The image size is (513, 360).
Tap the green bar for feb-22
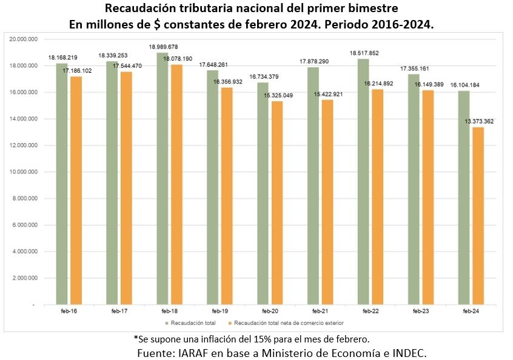[363, 181]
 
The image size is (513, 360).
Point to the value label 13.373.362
[479, 121]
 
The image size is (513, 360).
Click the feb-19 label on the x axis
[213, 310]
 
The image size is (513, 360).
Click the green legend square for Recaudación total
[166, 322]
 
